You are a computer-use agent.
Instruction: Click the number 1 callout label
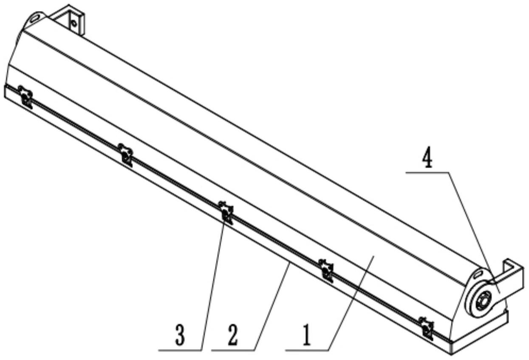[307, 335]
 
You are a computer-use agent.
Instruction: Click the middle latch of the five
[226, 211]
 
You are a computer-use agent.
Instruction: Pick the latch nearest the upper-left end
[25, 96]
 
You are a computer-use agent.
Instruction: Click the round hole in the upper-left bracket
[74, 23]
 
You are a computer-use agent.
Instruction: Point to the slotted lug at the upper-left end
[36, 18]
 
